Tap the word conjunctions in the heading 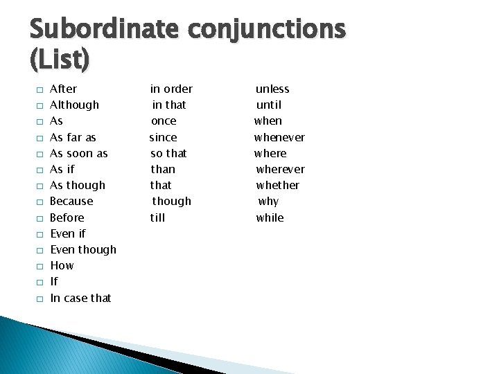pyautogui.click(x=264, y=29)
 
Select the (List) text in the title pyautogui.click(x=60, y=60)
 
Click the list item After pyautogui.click(x=64, y=89)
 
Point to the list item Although pyautogui.click(x=75, y=105)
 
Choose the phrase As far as pyautogui.click(x=73, y=137)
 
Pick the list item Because pyautogui.click(x=71, y=201)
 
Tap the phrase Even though pyautogui.click(x=83, y=249)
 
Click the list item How pyautogui.click(x=62, y=265)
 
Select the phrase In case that pyautogui.click(x=80, y=298)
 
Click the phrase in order pyautogui.click(x=172, y=89)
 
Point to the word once pyautogui.click(x=164, y=121)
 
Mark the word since pyautogui.click(x=164, y=137)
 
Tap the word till pyautogui.click(x=159, y=217)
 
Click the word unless pyautogui.click(x=272, y=89)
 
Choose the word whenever pyautogui.click(x=279, y=137)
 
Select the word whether pyautogui.click(x=278, y=185)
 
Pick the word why pyautogui.click(x=268, y=201)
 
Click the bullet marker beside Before pyautogui.click(x=40, y=218)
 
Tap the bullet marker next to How pyautogui.click(x=40, y=266)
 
